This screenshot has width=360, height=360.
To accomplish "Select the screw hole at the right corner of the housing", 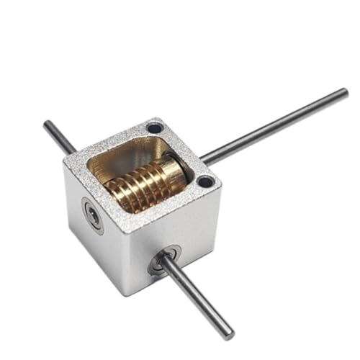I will click(204, 181).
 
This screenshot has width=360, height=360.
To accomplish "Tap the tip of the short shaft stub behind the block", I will click(47, 125).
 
